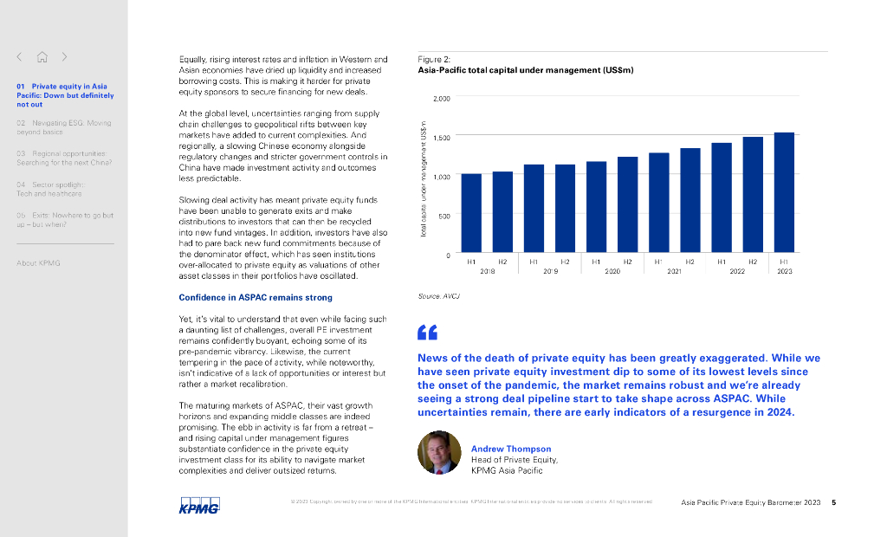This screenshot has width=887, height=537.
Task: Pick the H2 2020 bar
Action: (x=627, y=205)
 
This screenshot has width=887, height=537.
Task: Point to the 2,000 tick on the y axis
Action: (x=441, y=99)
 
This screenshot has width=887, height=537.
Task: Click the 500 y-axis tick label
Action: (x=443, y=216)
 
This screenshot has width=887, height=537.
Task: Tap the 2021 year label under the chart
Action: (x=674, y=271)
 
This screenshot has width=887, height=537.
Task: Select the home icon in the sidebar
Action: (x=42, y=57)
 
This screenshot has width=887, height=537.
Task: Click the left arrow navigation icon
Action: (x=19, y=57)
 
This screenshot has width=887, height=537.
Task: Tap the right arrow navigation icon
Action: (x=64, y=57)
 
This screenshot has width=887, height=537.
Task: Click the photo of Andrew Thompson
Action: (x=438, y=452)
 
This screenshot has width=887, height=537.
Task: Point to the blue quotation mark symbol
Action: (x=427, y=333)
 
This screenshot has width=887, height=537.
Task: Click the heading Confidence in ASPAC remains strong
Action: (x=243, y=298)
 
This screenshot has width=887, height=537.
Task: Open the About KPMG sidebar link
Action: (x=38, y=262)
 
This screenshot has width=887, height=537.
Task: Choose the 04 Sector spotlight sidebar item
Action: (x=50, y=189)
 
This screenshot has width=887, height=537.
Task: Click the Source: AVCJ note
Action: (x=438, y=295)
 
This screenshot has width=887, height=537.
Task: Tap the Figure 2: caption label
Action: (x=434, y=59)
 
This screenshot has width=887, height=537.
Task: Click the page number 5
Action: (x=833, y=502)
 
